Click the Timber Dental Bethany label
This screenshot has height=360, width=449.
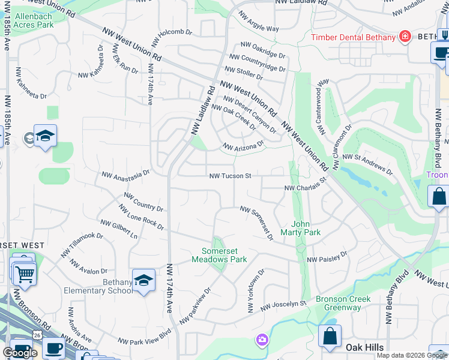(353, 37)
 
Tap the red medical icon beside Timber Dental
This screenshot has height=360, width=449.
(405, 37)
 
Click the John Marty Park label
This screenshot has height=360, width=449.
(306, 228)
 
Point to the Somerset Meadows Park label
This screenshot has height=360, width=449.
(219, 256)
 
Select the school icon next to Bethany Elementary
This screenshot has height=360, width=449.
(143, 281)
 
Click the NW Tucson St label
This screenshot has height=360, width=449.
(230, 176)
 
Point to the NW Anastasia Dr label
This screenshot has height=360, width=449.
(125, 174)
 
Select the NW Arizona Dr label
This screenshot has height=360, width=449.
(243, 146)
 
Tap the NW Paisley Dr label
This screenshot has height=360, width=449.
(327, 257)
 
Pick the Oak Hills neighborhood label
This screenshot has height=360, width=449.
(364, 347)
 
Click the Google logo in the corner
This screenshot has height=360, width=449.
(20, 352)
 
